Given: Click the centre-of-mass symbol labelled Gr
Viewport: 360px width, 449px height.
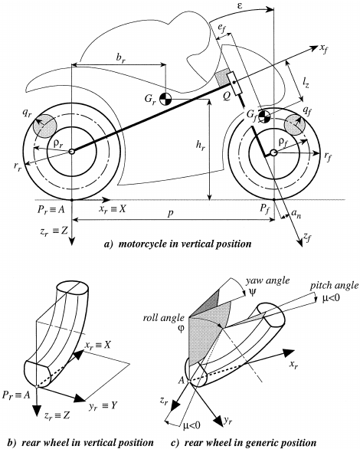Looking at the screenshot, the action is tap(165, 99).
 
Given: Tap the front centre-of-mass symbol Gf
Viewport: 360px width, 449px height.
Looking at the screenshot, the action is tap(263, 116).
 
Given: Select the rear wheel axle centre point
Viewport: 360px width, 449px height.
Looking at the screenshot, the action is tap(71, 151).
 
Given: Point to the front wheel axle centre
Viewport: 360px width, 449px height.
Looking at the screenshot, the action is tap(274, 153).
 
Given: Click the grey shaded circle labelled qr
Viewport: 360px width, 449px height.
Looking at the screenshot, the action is tap(44, 126).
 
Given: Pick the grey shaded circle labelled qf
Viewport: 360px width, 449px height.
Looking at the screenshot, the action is tap(295, 125).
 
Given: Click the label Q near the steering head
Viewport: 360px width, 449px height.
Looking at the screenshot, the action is tap(226, 97).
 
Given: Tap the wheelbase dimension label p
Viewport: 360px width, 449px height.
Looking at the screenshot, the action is tap(171, 213).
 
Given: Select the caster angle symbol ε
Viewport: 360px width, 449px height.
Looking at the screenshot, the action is tap(240, 5).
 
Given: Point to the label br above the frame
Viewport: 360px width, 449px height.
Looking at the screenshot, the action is tap(121, 58).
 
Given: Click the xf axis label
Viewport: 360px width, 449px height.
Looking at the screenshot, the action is tap(324, 49).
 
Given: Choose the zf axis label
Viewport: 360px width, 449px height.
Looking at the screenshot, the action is tap(307, 237).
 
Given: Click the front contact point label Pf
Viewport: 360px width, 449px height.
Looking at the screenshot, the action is tap(265, 208).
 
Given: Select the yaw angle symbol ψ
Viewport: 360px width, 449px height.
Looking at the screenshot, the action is tap(252, 293).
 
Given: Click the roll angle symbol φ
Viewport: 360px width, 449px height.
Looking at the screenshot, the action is tap(181, 328).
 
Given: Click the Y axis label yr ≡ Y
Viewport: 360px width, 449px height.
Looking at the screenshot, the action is tap(103, 406).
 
